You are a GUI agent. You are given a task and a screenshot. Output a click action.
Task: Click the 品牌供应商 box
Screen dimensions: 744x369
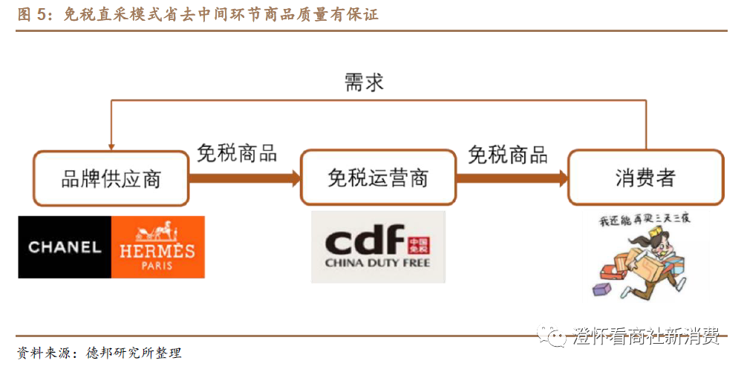pyautogui.click(x=111, y=177)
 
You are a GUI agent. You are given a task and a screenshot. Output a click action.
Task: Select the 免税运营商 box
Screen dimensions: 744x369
pyautogui.click(x=378, y=177)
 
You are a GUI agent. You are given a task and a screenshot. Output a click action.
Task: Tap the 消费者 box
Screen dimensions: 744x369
pyautogui.click(x=645, y=177)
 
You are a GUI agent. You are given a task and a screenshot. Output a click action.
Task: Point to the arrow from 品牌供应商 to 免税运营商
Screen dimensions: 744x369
pyautogui.click(x=244, y=178)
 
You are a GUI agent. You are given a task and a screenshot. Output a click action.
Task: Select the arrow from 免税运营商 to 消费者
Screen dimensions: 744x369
pyautogui.click(x=512, y=178)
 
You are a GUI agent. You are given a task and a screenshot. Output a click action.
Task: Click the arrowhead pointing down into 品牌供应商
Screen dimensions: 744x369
pyautogui.click(x=111, y=146)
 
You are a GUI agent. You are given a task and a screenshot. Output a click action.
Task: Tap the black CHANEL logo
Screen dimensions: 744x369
pyautogui.click(x=65, y=247)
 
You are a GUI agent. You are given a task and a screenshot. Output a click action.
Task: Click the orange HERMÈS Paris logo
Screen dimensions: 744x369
pyautogui.click(x=157, y=247)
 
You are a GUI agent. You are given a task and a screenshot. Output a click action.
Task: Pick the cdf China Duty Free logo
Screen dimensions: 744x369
pyautogui.click(x=378, y=246)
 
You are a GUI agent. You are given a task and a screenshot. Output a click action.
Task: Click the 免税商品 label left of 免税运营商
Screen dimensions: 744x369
pyautogui.click(x=237, y=153)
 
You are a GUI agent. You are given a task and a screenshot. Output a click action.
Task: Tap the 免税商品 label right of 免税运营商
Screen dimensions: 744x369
pyautogui.click(x=508, y=154)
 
